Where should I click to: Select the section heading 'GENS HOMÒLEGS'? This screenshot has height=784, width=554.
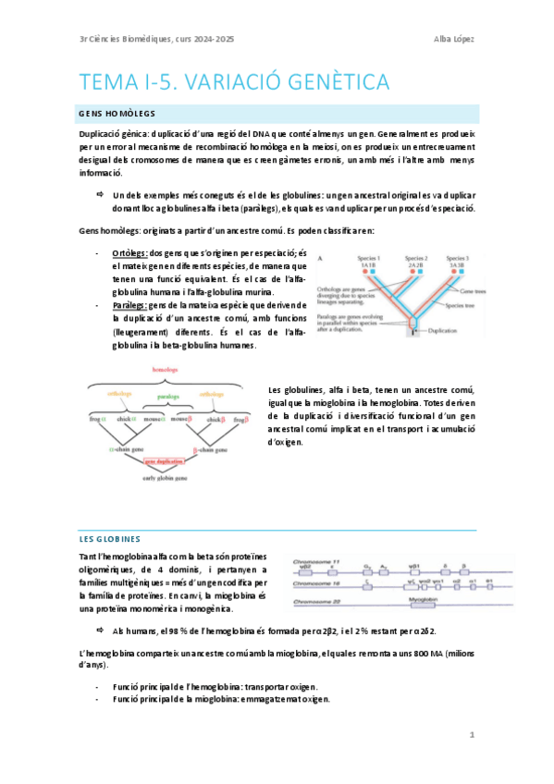click(x=116, y=112)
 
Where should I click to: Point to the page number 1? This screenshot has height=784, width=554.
click(x=472, y=735)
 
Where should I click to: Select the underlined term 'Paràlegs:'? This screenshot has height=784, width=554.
click(x=129, y=304)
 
